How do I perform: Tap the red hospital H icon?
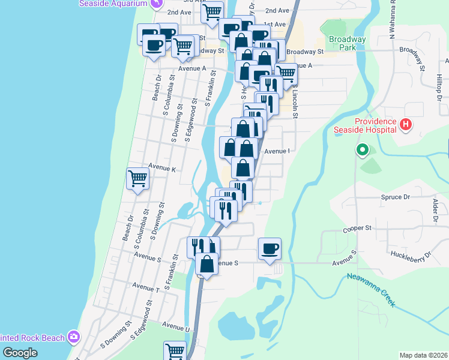(x=406, y=125)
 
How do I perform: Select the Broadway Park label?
(x=348, y=43)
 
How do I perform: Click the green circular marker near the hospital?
(x=362, y=149)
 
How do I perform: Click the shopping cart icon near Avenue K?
(x=137, y=179)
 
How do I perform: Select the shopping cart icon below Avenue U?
(x=175, y=351)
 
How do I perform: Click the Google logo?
(x=20, y=353)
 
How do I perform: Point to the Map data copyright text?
(x=423, y=355)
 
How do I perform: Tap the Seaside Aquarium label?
(x=113, y=3)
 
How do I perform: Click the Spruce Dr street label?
(x=395, y=196)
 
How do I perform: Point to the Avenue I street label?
(x=277, y=151)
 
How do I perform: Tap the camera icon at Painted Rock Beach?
(x=74, y=336)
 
